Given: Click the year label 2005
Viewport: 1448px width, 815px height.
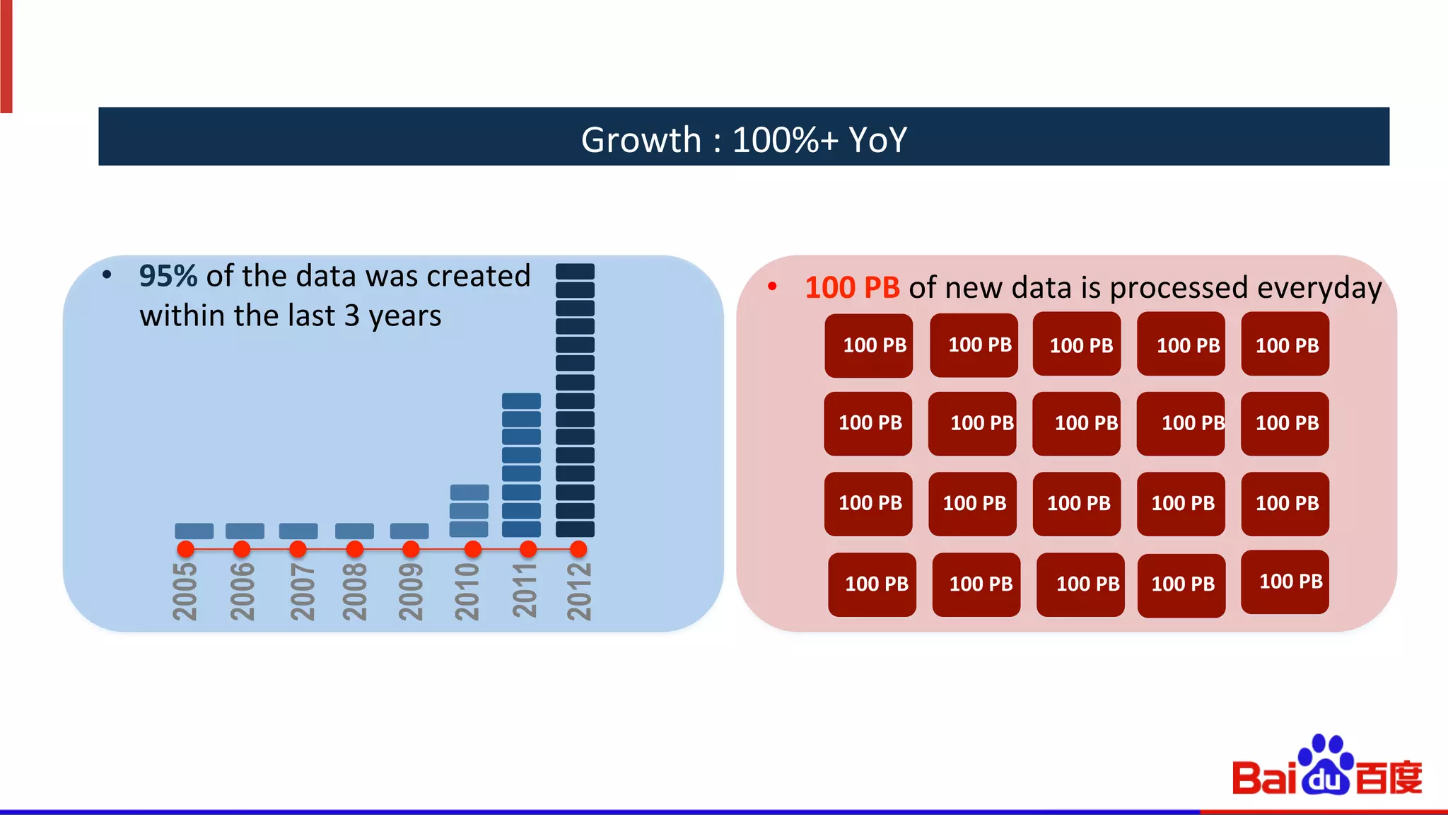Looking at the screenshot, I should tap(185, 591).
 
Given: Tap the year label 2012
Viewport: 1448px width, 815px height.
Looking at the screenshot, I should tap(579, 591).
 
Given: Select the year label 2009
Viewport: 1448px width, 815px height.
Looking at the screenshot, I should tap(411, 591).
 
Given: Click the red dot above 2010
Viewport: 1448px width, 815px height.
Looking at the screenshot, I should tap(473, 549).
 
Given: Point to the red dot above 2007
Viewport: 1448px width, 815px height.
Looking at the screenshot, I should tap(298, 549).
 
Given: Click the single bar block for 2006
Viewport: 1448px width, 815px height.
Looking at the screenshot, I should tap(245, 531).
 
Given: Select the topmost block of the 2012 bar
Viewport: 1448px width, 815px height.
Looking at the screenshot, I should tap(575, 272).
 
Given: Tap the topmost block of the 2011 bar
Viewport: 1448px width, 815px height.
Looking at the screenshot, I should tap(521, 401).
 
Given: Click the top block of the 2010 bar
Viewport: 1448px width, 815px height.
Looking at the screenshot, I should tap(469, 492).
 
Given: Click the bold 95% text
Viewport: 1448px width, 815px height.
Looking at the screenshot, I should tap(168, 276).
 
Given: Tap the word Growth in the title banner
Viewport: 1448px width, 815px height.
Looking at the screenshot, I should tap(641, 139).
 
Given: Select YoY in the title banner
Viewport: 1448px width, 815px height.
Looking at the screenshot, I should tap(877, 139).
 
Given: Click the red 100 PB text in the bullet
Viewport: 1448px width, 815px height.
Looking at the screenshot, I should tap(852, 288).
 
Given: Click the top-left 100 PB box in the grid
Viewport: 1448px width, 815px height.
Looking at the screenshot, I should tap(868, 345).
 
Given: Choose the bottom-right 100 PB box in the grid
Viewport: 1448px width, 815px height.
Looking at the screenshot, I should tap(1285, 582).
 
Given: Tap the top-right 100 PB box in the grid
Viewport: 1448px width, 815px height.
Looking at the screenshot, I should tap(1285, 345).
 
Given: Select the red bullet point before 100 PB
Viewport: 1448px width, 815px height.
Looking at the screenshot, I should tap(773, 287).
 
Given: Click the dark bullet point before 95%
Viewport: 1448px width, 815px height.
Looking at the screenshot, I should tap(107, 275).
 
